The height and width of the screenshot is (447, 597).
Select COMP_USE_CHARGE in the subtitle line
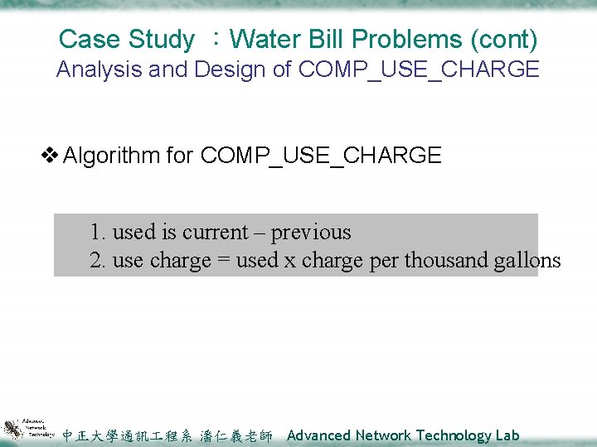point(419,70)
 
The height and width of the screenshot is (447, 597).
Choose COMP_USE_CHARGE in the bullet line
point(321,156)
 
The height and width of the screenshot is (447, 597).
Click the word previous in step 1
point(311,233)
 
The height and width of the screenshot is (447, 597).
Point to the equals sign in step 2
point(223,261)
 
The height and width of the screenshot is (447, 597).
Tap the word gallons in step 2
point(527,261)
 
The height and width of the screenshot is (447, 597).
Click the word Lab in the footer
point(507,435)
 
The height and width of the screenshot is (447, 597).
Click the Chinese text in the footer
point(167,436)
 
